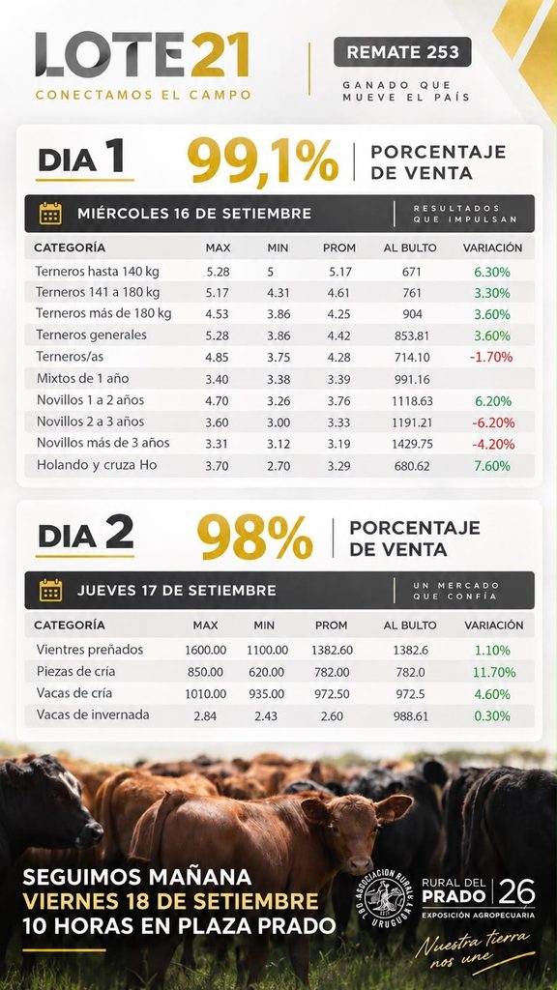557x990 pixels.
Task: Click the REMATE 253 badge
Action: tap(402, 52)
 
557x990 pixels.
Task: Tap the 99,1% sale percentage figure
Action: tap(263, 160)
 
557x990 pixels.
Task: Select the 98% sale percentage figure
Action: tap(255, 537)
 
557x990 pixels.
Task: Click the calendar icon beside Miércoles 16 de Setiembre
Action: tap(50, 214)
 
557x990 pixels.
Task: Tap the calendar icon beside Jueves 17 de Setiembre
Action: tap(50, 591)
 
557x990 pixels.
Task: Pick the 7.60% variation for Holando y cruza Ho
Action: tap(492, 466)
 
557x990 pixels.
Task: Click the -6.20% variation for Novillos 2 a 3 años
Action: tap(492, 422)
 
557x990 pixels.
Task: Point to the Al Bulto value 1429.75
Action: tap(412, 444)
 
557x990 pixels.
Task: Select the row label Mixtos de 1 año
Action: tap(82, 379)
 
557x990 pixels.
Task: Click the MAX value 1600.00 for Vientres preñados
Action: tap(205, 650)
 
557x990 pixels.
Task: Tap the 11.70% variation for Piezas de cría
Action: tap(494, 673)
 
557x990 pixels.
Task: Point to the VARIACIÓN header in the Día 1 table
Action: tap(492, 248)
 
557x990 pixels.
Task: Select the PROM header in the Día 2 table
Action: tap(332, 626)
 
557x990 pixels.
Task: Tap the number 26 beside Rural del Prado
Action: tap(517, 892)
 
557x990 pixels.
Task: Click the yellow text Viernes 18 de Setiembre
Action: tap(170, 901)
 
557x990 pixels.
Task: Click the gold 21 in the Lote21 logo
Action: tap(219, 54)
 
